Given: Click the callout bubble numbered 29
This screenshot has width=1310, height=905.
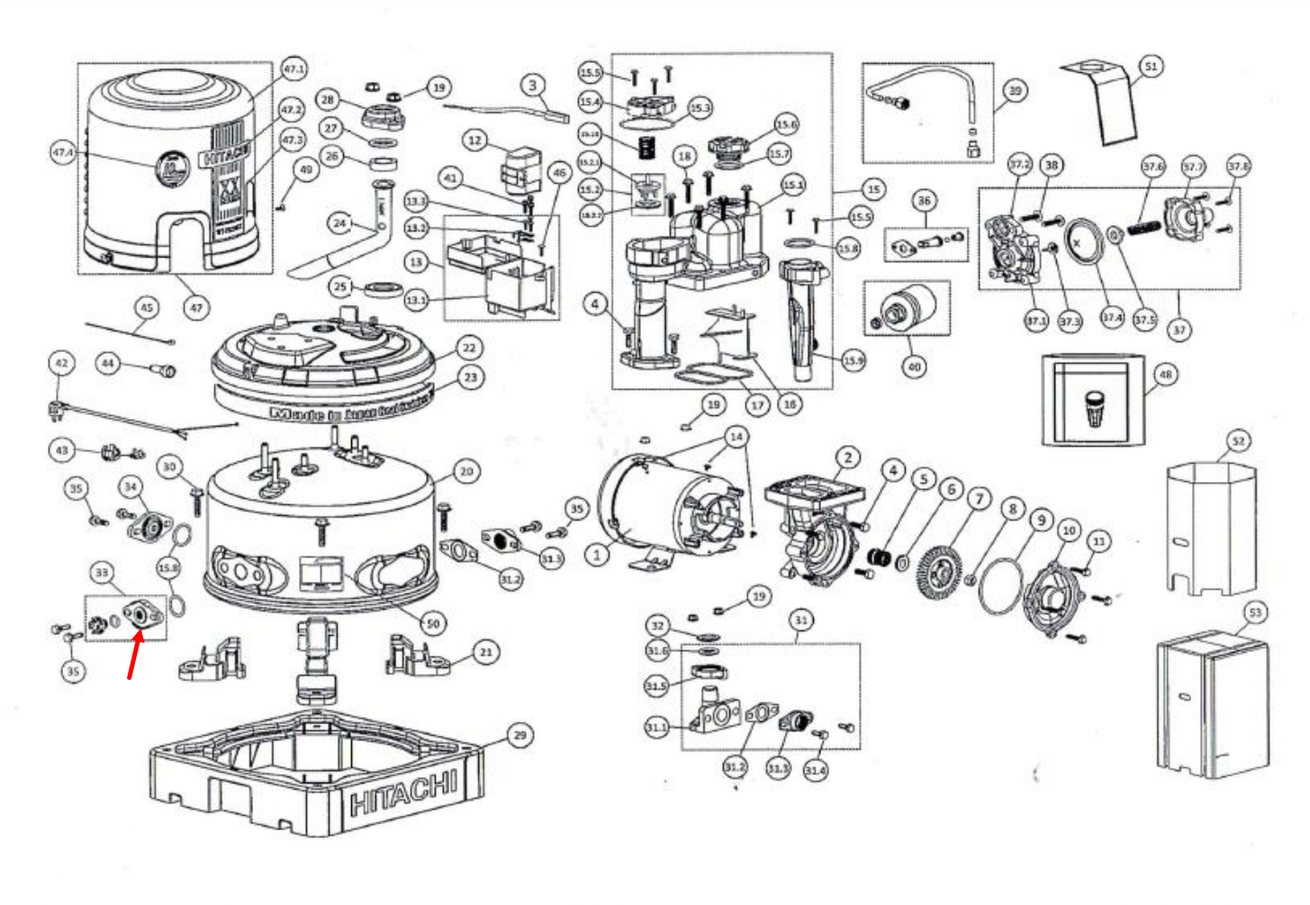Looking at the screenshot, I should [x=519, y=735].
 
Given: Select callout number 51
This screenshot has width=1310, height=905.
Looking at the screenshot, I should [x=1151, y=66].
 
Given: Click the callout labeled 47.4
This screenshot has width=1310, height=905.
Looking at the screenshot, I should [x=63, y=153].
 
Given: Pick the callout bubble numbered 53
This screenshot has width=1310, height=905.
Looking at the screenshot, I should [x=1255, y=612].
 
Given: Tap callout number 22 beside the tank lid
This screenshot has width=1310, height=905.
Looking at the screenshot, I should [x=469, y=348].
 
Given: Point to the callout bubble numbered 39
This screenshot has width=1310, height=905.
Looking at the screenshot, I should [x=1016, y=90].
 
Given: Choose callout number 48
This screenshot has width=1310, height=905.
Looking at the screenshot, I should [x=1166, y=374].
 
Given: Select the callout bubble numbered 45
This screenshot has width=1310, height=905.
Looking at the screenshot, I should [x=146, y=307].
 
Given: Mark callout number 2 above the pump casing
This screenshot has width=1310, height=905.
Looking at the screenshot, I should [x=847, y=457].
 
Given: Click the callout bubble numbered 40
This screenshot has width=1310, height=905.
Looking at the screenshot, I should [x=915, y=367].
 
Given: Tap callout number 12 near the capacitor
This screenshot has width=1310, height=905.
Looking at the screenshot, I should [x=474, y=140].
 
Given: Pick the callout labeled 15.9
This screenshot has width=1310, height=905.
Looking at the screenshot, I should [x=854, y=360].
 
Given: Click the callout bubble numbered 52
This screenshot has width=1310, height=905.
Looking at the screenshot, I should [x=1239, y=440].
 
